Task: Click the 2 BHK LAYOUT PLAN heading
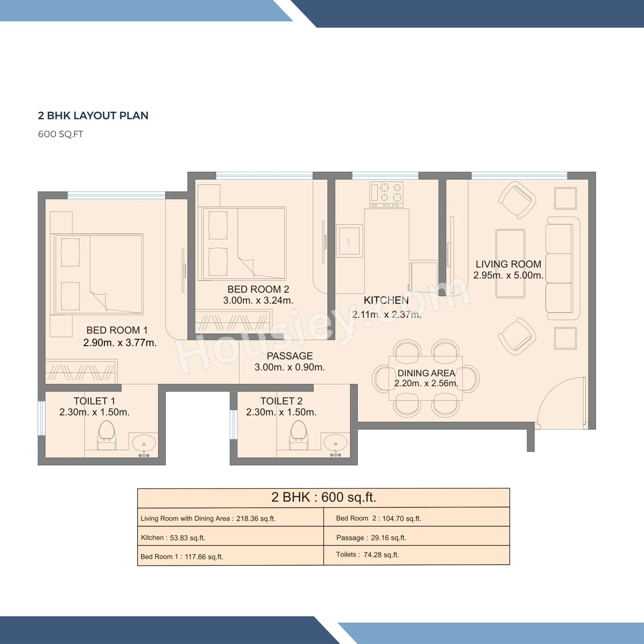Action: pyautogui.click(x=93, y=116)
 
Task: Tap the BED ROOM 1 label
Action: pyautogui.click(x=117, y=330)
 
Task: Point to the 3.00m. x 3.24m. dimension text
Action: pyautogui.click(x=258, y=300)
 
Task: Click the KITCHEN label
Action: pyautogui.click(x=386, y=300)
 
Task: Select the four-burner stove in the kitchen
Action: pyautogui.click(x=386, y=194)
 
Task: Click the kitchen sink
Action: pyautogui.click(x=349, y=241)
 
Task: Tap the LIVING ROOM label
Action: pyautogui.click(x=508, y=264)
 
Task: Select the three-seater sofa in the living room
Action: pyautogui.click(x=562, y=268)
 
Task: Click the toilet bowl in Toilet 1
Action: pyautogui.click(x=107, y=435)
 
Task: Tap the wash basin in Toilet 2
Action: pyautogui.click(x=336, y=443)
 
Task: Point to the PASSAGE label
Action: pyautogui.click(x=290, y=356)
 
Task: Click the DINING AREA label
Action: pyautogui.click(x=426, y=373)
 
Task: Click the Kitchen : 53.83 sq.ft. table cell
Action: pyautogui.click(x=230, y=538)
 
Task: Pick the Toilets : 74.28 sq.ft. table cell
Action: pyautogui.click(x=416, y=555)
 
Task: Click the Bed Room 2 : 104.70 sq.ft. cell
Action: pyautogui.click(x=416, y=518)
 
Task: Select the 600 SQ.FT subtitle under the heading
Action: pyautogui.click(x=60, y=134)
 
